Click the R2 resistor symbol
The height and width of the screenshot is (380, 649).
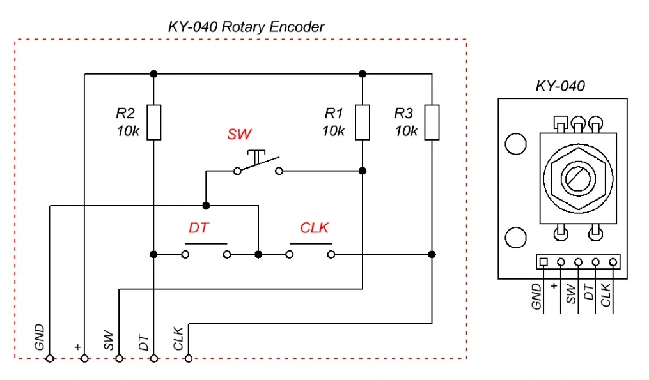click(153, 122)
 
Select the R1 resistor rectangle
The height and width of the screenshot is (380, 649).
click(363, 122)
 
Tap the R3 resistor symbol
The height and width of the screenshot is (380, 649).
click(432, 122)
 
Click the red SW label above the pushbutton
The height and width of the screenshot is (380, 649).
click(239, 135)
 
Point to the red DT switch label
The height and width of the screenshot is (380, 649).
click(199, 228)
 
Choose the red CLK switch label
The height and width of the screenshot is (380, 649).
click(315, 228)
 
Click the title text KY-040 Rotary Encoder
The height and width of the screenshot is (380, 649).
click(246, 27)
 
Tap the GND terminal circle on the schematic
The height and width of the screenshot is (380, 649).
click(50, 359)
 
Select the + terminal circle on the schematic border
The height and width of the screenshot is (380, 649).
click(84, 359)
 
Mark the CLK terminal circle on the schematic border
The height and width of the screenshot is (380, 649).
click(188, 359)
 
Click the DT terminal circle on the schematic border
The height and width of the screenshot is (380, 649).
click(153, 359)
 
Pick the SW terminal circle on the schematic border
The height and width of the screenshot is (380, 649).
click(119, 359)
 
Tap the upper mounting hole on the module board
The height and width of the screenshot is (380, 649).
click(515, 144)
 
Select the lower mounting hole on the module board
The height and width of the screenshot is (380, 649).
click(515, 238)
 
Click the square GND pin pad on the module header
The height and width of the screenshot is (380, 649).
click(543, 262)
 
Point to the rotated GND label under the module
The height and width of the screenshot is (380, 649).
click(537, 297)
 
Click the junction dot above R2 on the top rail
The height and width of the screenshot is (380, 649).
click(153, 73)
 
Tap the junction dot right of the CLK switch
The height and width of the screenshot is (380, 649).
click(432, 254)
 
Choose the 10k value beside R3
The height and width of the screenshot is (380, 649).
click(406, 131)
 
